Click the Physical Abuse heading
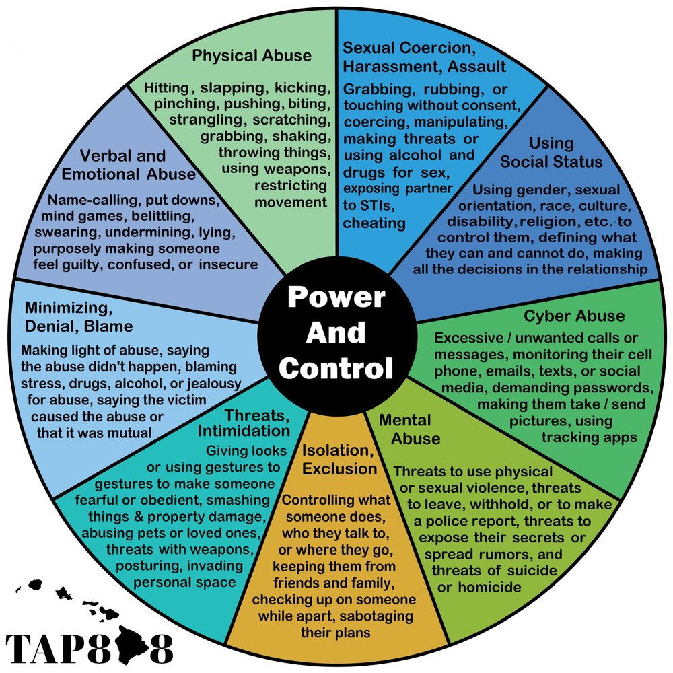point(252,56)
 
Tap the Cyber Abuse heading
point(574,316)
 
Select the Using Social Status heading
point(551,152)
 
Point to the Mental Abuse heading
point(409,429)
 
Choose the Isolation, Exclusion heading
point(339,459)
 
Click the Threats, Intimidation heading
point(244,423)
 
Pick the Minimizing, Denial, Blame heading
point(79,317)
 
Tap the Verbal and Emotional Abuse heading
point(129,165)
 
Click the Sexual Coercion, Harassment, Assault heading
point(424,57)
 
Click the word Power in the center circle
point(336,297)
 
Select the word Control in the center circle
point(336,368)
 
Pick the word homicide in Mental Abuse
point(490,587)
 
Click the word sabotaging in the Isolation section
point(375,616)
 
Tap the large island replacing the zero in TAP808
point(131,645)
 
